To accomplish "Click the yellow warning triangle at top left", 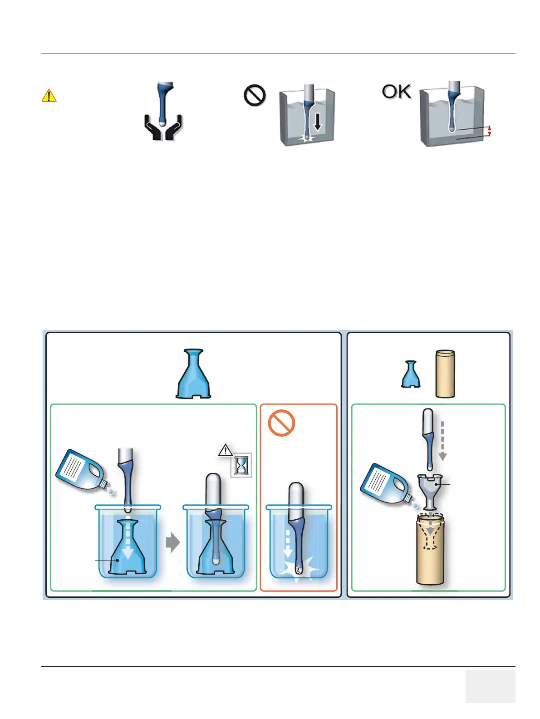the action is pos(49,96).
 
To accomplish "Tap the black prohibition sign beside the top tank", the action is pos(255,96).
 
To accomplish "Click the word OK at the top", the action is pos(397,92).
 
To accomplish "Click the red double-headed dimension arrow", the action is pos(490,131).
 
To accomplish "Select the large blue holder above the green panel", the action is pos(194,374).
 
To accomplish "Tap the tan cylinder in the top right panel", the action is pos(445,374).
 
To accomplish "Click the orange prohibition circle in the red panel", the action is pos(281,423).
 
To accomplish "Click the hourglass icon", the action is pos(241,465).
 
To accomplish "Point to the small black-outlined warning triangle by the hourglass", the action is pos(226,451).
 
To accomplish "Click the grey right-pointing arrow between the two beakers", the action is pos(172,542).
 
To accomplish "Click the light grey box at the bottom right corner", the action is pos(490,685).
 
